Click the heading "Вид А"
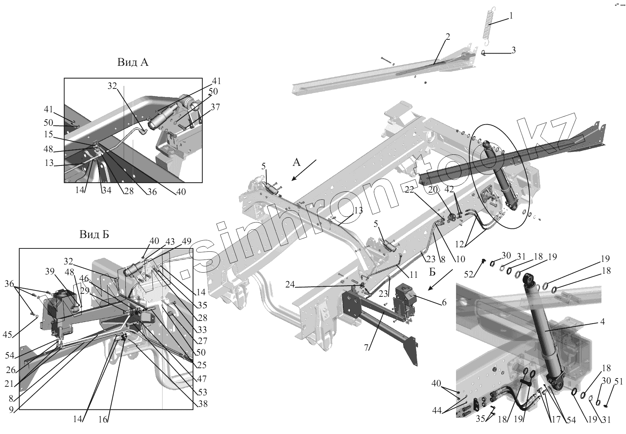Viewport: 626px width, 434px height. click(133, 62)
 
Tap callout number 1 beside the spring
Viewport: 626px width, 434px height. click(511, 16)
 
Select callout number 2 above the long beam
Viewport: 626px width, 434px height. click(448, 37)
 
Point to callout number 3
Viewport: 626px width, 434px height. click(513, 50)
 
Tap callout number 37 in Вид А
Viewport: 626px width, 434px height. click(215, 107)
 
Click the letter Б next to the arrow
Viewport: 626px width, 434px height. click(432, 272)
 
